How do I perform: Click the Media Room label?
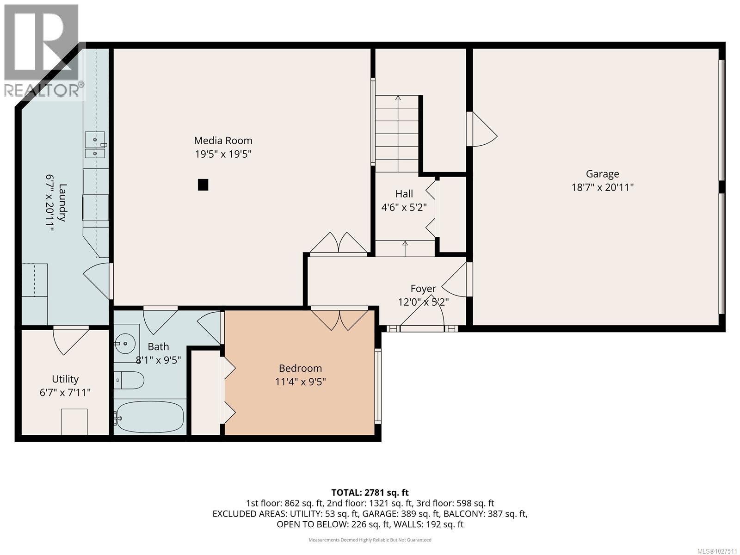[x=223, y=141]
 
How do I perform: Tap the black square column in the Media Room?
[x=203, y=185]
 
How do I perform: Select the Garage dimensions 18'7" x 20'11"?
[x=602, y=187]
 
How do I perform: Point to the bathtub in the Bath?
[x=150, y=417]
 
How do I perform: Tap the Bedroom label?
[x=300, y=368]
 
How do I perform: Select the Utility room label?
[x=65, y=379]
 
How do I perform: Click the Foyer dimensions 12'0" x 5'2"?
[x=423, y=302]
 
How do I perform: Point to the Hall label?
[x=404, y=194]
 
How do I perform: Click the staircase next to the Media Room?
[x=397, y=134]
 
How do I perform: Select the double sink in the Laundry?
[x=95, y=145]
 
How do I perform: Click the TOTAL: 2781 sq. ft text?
[x=370, y=493]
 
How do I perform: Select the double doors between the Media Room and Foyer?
[x=339, y=243]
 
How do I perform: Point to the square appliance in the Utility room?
[x=74, y=421]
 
